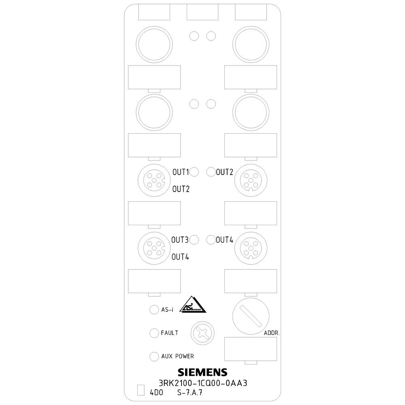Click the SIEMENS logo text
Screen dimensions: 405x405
(x=202, y=372)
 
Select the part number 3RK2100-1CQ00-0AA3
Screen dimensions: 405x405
(x=203, y=383)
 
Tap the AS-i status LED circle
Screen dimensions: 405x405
(x=154, y=310)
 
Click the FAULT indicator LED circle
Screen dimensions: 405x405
(x=154, y=333)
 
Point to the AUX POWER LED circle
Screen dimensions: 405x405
(x=154, y=356)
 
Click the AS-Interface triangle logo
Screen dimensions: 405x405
(x=193, y=305)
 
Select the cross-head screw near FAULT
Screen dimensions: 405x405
(x=203, y=333)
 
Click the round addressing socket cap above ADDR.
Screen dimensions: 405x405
(x=251, y=316)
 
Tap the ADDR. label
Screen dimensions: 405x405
(x=272, y=333)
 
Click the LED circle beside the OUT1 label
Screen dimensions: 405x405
(x=194, y=172)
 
